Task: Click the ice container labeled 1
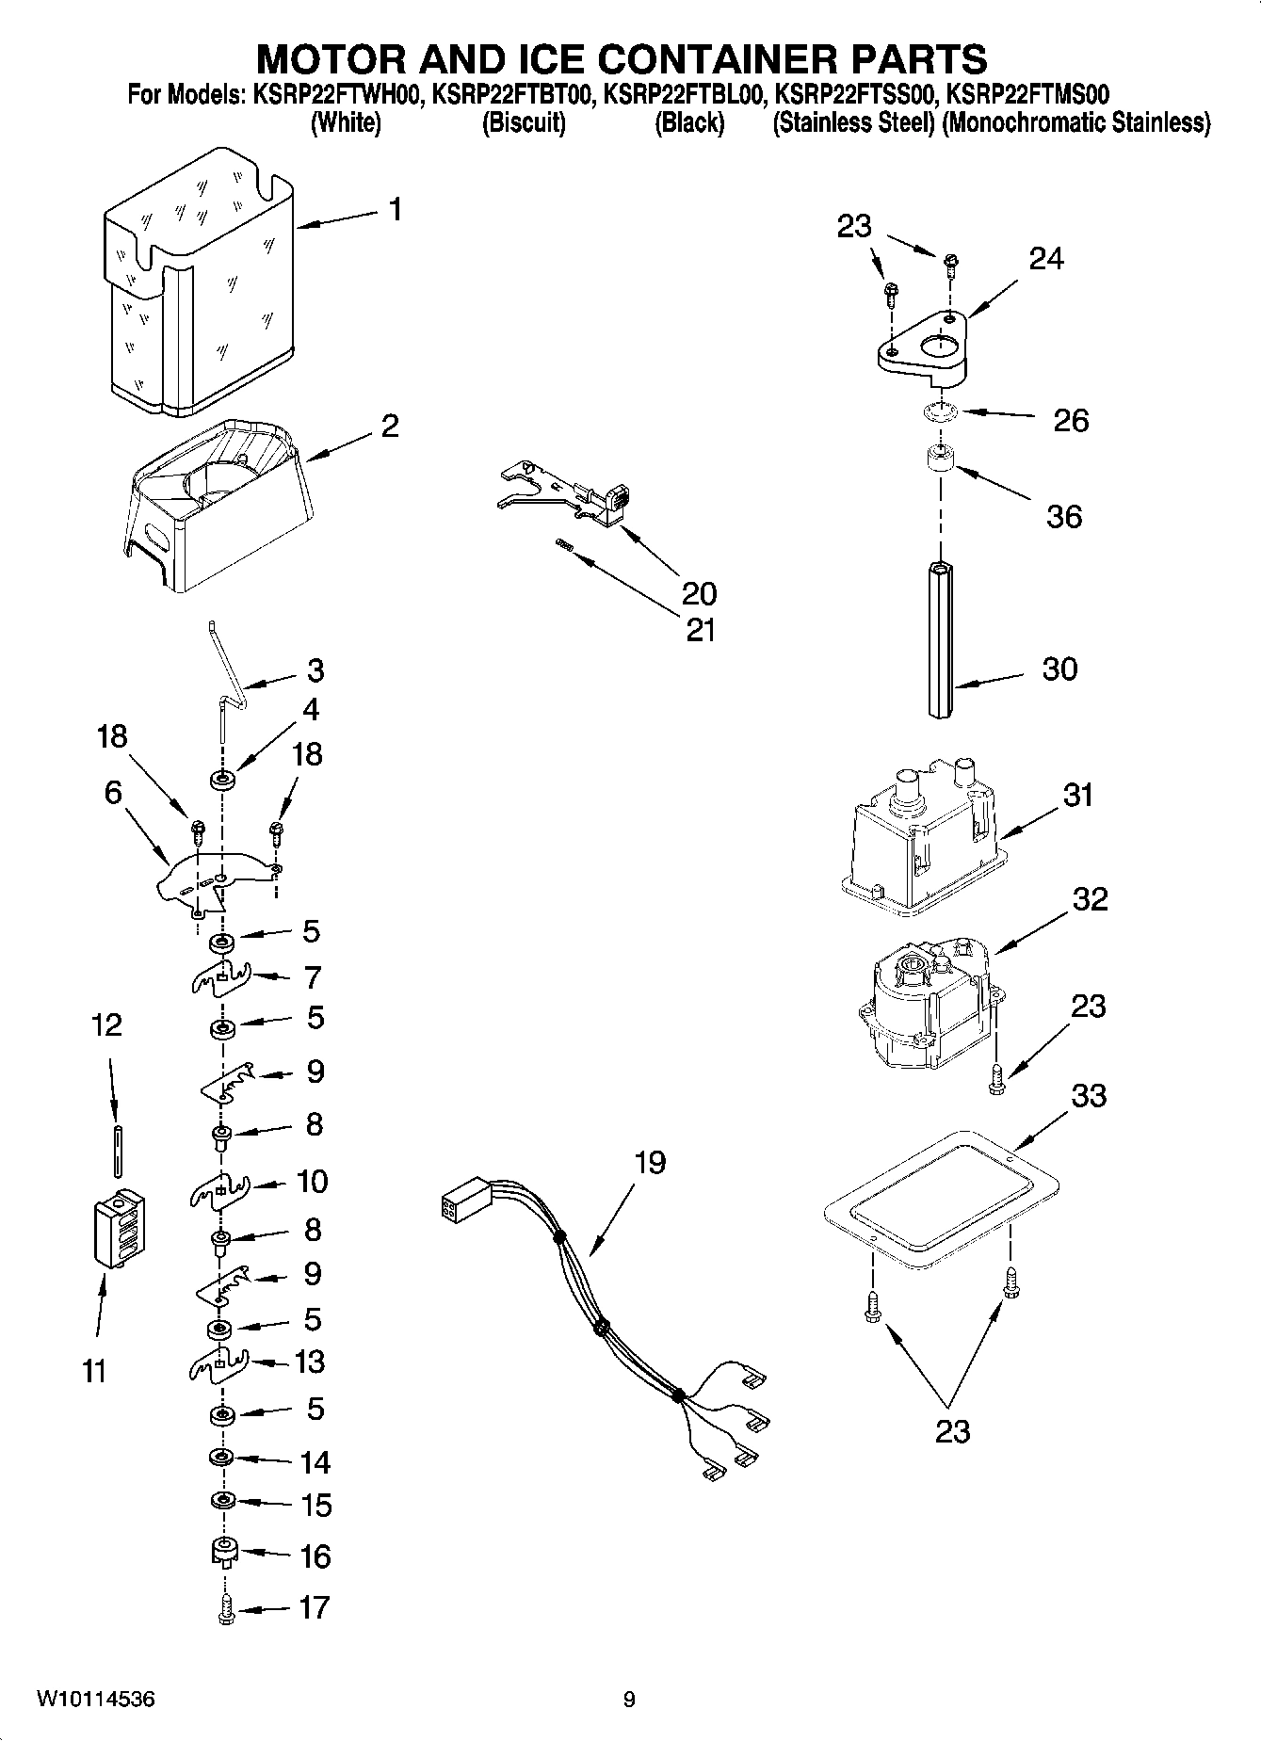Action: (x=198, y=282)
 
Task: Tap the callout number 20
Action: (x=699, y=593)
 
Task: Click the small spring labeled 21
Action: (x=564, y=543)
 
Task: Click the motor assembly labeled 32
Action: (x=928, y=1008)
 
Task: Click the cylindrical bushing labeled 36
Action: (x=938, y=461)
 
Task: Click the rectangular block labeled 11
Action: (x=120, y=1228)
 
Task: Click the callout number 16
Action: (x=315, y=1556)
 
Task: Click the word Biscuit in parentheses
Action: (x=523, y=123)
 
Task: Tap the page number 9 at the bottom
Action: (x=629, y=1700)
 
